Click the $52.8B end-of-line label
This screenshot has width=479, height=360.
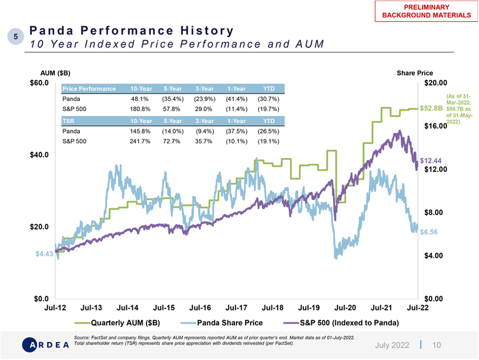coord(431,108)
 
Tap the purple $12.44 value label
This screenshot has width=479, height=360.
coord(431,161)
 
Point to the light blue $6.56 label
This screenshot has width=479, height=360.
coord(428,232)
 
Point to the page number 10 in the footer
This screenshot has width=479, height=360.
coord(437,345)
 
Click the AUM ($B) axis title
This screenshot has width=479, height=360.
coord(55,73)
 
